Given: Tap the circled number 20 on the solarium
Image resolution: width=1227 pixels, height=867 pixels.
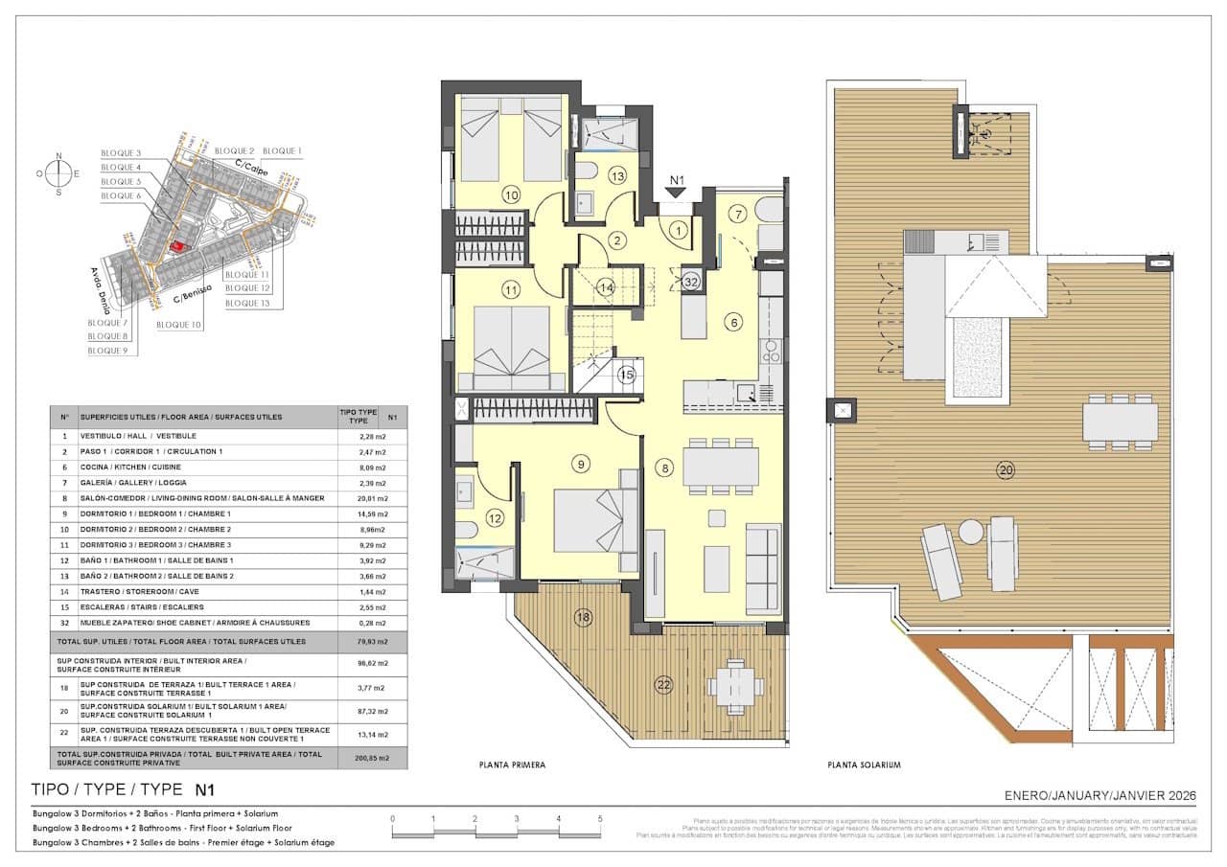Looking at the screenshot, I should tap(1005, 469).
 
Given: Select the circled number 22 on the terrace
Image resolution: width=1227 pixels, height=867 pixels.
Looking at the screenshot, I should tap(662, 683).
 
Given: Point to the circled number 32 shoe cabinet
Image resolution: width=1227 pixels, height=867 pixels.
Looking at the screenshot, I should tap(692, 282).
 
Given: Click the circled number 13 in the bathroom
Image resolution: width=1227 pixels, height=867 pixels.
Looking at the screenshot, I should tap(617, 175).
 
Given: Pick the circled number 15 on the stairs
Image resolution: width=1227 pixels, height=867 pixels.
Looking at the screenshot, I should tap(627, 375).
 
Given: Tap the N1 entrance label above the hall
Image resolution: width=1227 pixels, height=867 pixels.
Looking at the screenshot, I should tap(678, 179).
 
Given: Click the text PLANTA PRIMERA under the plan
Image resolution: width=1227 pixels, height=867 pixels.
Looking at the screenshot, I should tap(512, 765).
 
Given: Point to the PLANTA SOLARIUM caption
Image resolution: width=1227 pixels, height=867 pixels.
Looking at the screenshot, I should tap(864, 765).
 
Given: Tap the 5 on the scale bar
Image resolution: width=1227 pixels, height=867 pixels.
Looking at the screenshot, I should tap(600, 819).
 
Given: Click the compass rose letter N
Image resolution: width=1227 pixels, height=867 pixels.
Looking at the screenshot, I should tap(58, 155).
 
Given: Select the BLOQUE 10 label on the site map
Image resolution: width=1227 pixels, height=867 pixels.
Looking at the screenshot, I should tap(178, 326).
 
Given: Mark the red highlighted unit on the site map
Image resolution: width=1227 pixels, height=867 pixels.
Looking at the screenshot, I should tap(176, 246).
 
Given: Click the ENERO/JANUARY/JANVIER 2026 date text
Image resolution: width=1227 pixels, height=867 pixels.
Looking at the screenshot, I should tap(1100, 795).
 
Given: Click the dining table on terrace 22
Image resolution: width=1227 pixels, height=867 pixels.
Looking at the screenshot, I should tap(735, 684).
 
